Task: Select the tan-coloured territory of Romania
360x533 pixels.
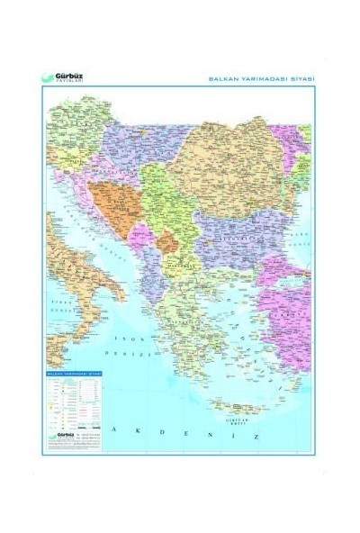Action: pos(225,162)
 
